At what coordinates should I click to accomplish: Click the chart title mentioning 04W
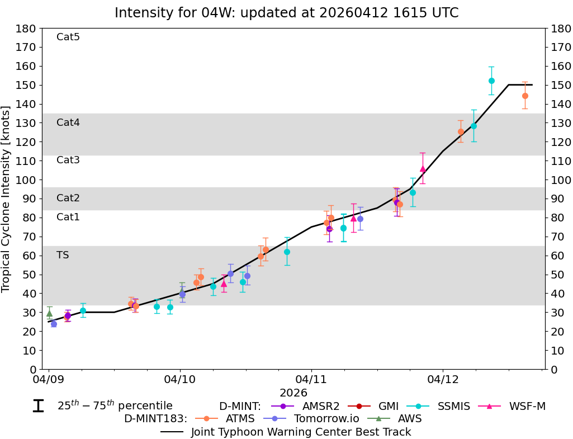[x=286, y=13]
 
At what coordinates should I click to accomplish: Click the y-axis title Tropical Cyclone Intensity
[x=6, y=199]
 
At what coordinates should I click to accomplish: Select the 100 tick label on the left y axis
[x=27, y=180]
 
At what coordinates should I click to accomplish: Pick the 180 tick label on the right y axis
[x=560, y=29]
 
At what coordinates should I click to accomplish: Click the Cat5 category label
[x=68, y=37]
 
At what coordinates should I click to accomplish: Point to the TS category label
[x=63, y=255]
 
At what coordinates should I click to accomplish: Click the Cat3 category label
[x=68, y=160]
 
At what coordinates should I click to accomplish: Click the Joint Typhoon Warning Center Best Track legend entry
[x=301, y=432]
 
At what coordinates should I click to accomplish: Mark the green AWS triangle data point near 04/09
[x=49, y=313]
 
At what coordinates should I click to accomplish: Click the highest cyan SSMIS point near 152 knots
[x=491, y=81]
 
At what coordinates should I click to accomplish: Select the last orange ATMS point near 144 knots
[x=525, y=96]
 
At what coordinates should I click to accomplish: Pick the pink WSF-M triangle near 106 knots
[x=423, y=169]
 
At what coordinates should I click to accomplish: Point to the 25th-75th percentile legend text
[x=115, y=406]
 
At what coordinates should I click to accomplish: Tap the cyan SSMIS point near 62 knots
[x=287, y=252]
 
